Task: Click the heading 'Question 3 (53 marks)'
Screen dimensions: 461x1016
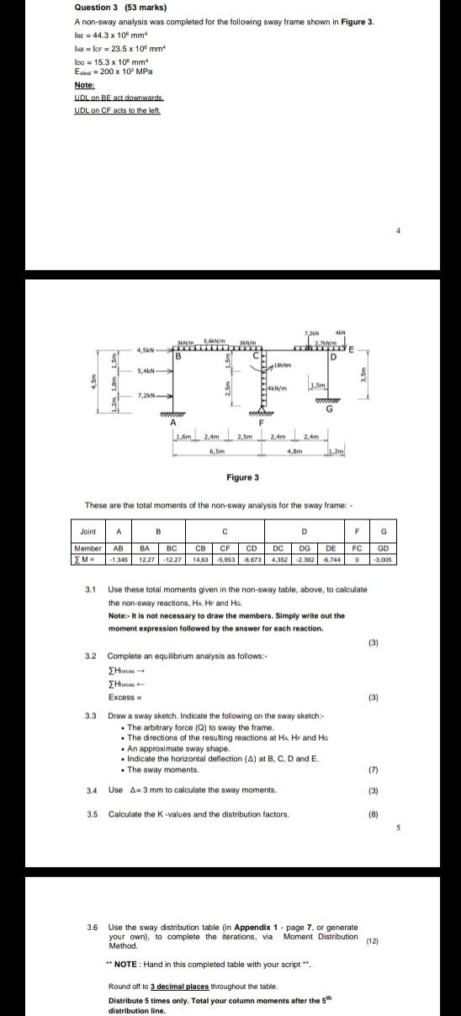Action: [109, 8]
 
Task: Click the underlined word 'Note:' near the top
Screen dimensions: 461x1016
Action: [84, 85]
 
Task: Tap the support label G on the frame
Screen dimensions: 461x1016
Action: [329, 410]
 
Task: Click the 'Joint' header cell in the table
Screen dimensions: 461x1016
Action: [88, 531]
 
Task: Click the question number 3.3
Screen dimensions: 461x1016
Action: [91, 715]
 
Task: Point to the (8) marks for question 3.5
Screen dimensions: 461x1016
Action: [374, 814]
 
